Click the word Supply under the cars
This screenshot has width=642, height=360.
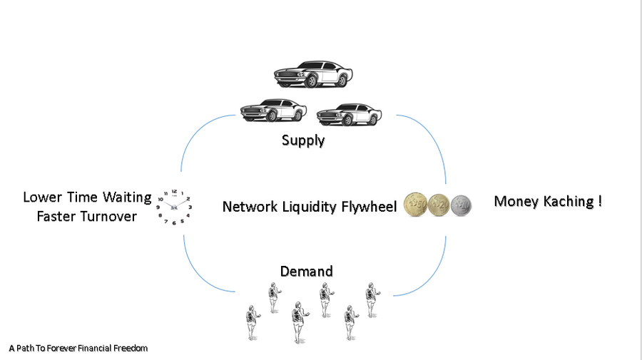(303, 140)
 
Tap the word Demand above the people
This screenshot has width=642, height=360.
(307, 272)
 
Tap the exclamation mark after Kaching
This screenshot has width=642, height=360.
(599, 202)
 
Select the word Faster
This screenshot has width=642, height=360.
(56, 217)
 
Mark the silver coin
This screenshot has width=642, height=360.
(462, 206)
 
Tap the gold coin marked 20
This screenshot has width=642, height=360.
(438, 206)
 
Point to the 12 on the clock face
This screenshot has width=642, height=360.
(175, 190)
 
